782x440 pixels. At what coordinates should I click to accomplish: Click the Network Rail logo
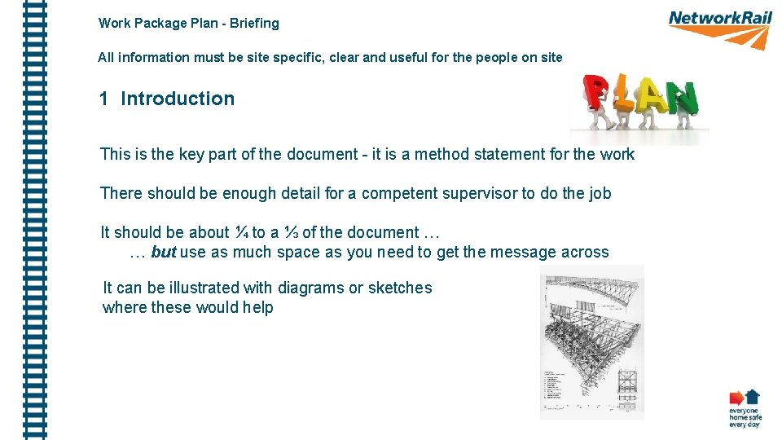(x=719, y=29)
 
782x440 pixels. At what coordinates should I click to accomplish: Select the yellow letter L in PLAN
(x=626, y=95)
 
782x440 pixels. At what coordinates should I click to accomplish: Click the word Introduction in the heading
(x=178, y=99)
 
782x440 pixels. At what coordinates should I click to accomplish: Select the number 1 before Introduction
(x=103, y=99)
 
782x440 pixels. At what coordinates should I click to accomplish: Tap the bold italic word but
(x=164, y=252)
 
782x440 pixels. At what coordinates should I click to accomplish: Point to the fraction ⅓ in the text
(x=292, y=232)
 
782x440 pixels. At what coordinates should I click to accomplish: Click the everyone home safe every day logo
(x=744, y=409)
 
